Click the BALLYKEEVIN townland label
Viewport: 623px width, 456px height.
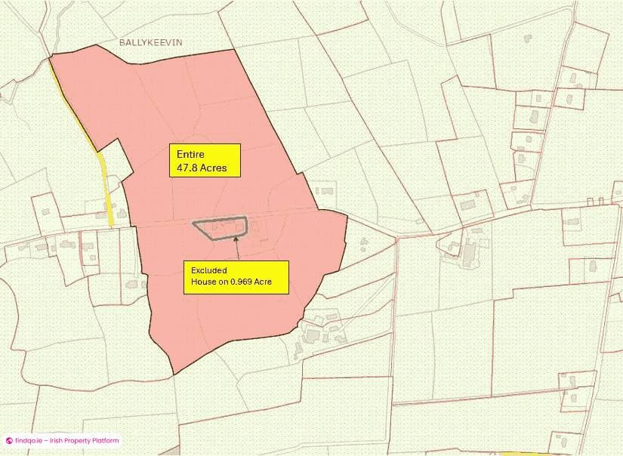click(151, 43)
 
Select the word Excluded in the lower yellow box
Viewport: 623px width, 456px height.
click(209, 270)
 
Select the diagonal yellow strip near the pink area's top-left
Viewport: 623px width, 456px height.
click(73, 106)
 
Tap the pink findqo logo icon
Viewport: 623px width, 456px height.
click(9, 441)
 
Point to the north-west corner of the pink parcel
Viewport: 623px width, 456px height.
click(51, 57)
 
